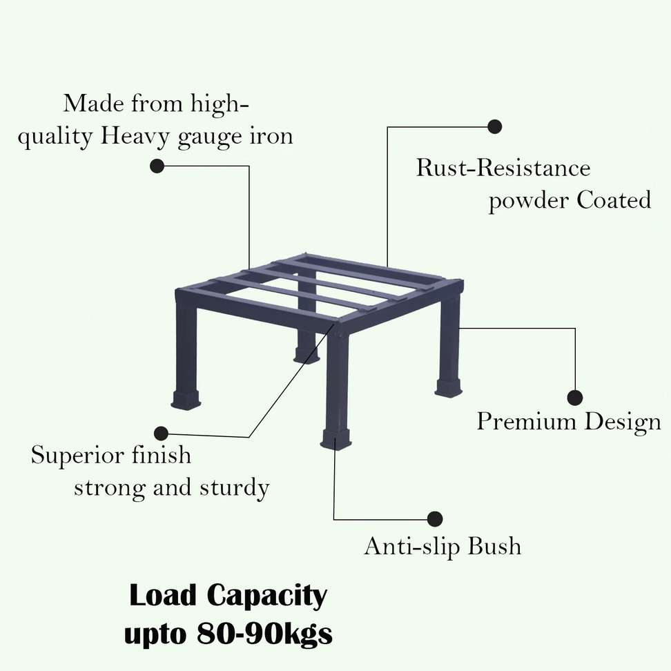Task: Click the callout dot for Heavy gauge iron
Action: [x=157, y=166]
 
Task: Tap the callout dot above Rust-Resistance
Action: [x=494, y=126]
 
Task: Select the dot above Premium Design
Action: [x=575, y=398]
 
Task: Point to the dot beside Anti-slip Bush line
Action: [x=435, y=519]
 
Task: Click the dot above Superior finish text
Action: [x=161, y=434]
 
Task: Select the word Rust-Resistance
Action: [x=503, y=168]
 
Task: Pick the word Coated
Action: [x=614, y=200]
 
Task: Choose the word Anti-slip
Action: [x=413, y=546]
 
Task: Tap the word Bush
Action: [x=494, y=546]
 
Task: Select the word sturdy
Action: [x=234, y=489]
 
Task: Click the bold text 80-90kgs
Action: [x=265, y=634]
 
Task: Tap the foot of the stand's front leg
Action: [x=336, y=440]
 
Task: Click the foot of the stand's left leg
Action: [x=185, y=399]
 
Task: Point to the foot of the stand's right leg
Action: [x=449, y=387]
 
